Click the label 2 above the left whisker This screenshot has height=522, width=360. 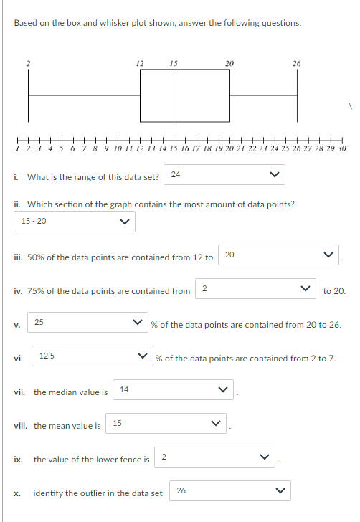[x=29, y=64]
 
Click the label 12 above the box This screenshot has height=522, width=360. [x=141, y=64]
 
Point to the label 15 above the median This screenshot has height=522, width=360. [x=174, y=64]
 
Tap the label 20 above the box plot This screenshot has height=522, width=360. [x=229, y=64]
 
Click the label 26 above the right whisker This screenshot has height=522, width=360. [x=296, y=64]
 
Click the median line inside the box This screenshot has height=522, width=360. [x=174, y=97]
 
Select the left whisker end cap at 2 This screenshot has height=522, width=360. [x=29, y=97]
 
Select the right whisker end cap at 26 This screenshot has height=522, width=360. [x=297, y=97]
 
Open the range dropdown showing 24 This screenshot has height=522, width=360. [x=224, y=174]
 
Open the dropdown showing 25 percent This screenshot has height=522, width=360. [x=87, y=323]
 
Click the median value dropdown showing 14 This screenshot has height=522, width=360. [x=175, y=391]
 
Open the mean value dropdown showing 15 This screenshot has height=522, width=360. [x=167, y=424]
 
